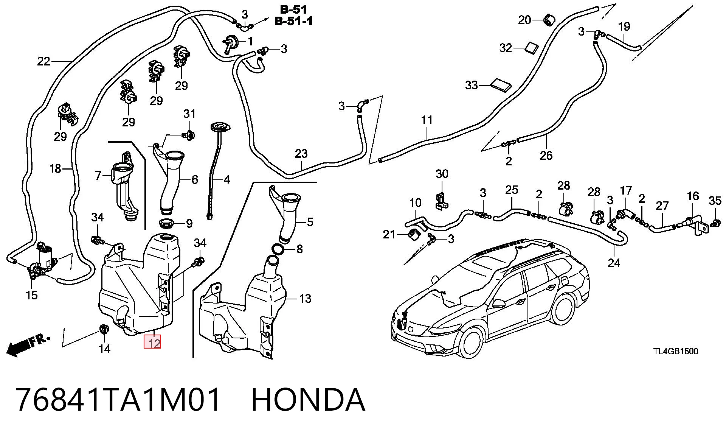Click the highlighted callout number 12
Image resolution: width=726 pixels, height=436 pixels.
click(x=152, y=343)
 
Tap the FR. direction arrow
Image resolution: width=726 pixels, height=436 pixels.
click(x=28, y=345)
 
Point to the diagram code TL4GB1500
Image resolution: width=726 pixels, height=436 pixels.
click(x=676, y=352)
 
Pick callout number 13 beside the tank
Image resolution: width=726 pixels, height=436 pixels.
click(x=305, y=299)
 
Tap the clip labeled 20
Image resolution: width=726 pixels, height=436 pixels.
click(x=548, y=19)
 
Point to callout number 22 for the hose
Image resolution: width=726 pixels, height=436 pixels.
click(x=43, y=61)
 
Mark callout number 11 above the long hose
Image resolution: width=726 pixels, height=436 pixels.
click(x=427, y=120)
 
